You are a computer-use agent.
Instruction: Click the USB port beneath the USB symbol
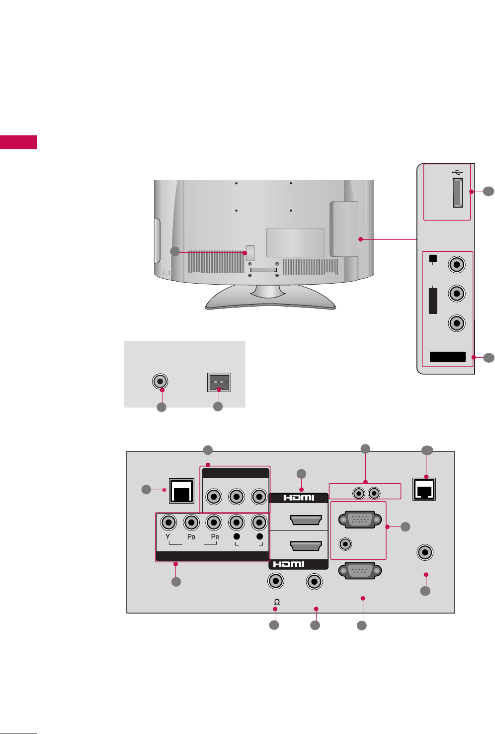coord(458,193)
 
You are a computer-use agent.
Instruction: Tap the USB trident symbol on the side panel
coord(458,172)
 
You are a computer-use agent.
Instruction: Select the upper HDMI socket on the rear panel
coord(305,521)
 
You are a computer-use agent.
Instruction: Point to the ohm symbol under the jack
coord(277,602)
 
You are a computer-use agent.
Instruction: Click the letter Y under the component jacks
coord(168,537)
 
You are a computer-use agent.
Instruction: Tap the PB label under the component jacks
coord(191,537)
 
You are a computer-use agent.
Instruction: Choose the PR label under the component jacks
coord(215,537)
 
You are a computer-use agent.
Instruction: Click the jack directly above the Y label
coord(169,523)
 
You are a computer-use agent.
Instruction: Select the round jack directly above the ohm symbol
coord(275,581)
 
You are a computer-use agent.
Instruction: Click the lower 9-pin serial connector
coord(360,570)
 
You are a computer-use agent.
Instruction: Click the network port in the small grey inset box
coord(219,383)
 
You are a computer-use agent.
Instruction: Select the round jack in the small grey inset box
coord(160,382)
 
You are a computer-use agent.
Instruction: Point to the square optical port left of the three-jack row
coord(181,491)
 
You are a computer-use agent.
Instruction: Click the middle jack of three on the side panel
coord(457,293)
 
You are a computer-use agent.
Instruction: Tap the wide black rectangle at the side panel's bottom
coord(447,357)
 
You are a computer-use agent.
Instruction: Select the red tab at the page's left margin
coord(18,142)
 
